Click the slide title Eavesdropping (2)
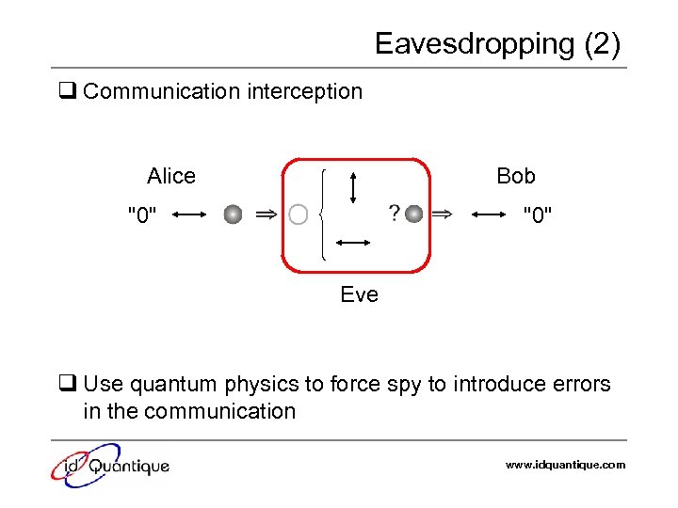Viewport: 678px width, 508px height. (497, 44)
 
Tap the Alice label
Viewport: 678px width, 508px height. (171, 176)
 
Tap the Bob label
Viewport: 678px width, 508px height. (515, 176)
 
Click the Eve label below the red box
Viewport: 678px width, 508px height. (359, 294)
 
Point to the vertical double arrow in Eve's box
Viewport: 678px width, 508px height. (352, 186)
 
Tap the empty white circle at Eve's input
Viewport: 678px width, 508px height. (299, 215)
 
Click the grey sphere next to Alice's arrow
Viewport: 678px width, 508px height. (233, 215)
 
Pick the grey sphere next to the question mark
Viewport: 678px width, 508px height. (414, 214)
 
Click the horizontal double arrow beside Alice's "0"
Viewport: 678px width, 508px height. (189, 215)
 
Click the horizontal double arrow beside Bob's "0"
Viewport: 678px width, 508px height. (489, 215)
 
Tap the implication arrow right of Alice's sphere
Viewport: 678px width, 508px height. (266, 215)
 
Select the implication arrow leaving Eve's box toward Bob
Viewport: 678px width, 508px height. (441, 214)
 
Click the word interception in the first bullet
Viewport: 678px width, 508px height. (304, 91)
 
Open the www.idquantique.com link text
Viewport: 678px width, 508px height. (565, 465)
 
